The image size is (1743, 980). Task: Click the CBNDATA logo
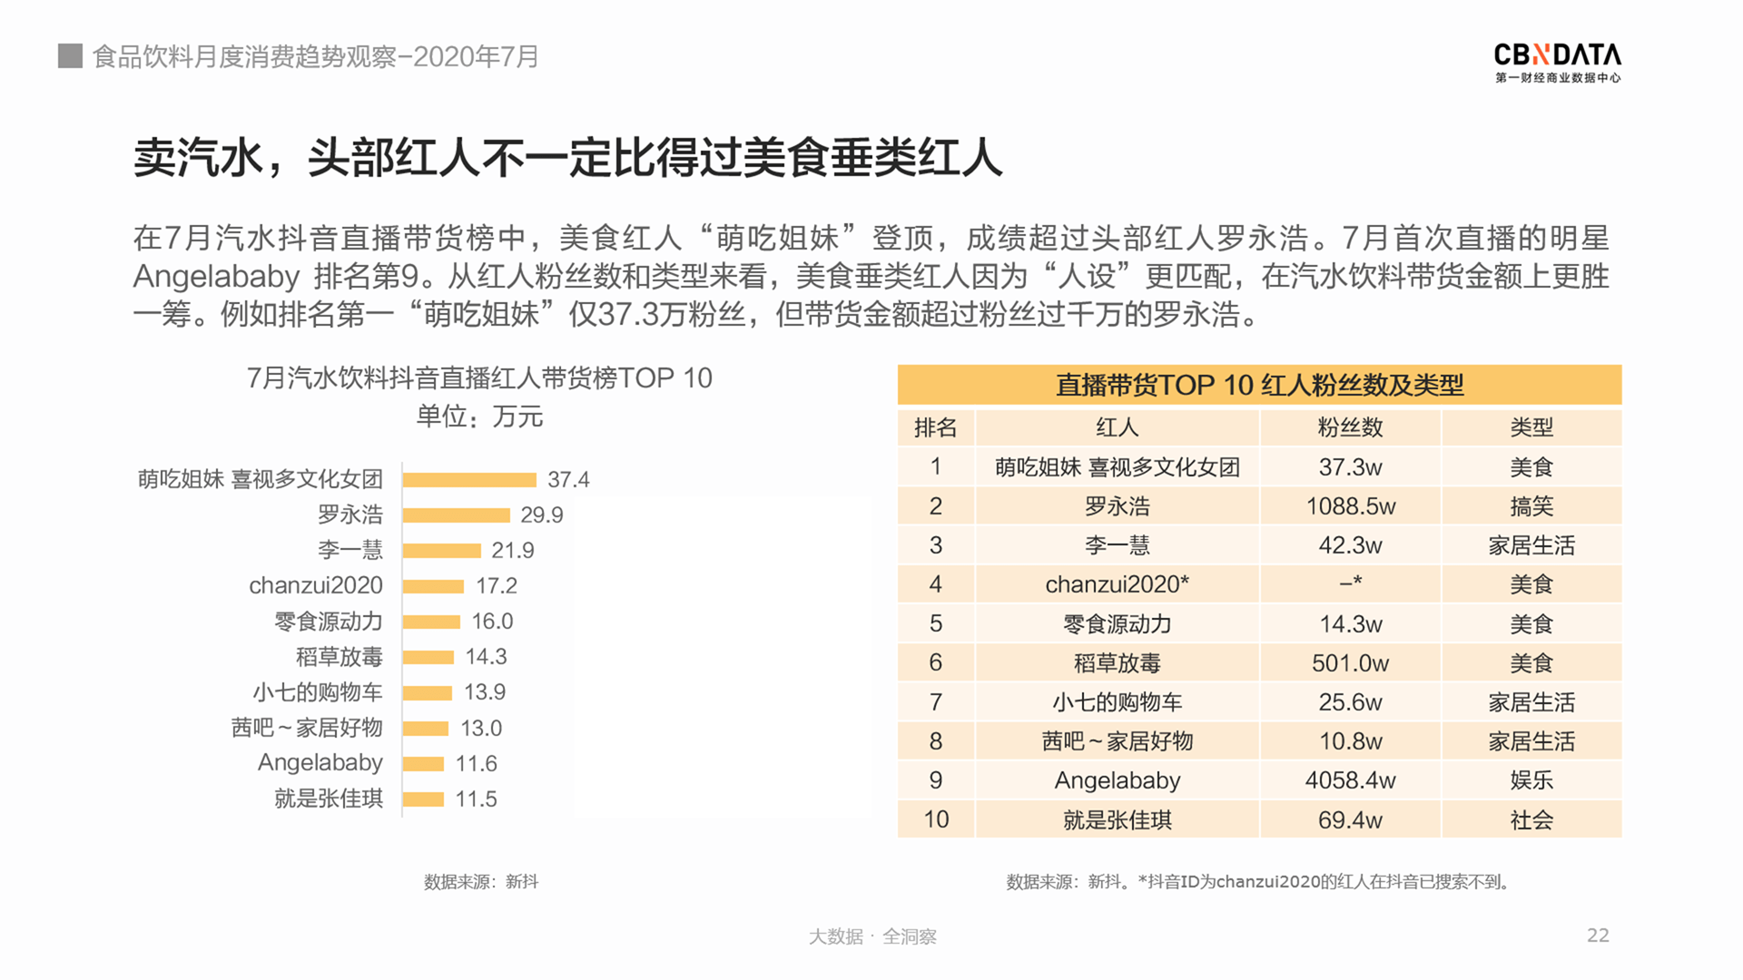[1557, 62]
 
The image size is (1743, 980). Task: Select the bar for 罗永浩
[457, 515]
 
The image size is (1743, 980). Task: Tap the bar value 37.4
[568, 479]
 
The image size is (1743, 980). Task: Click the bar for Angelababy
[423, 764]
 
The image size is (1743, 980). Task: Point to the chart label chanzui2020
[316, 585]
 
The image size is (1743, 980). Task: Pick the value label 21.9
[513, 551]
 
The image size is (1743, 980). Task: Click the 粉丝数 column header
[1350, 427]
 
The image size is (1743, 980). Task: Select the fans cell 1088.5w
[1350, 506]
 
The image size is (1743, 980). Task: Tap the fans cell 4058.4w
[1350, 780]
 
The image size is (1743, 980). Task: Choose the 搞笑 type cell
[1531, 506]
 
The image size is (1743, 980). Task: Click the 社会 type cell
[1531, 820]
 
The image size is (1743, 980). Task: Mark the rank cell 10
[936, 820]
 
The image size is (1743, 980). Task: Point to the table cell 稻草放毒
[1117, 663]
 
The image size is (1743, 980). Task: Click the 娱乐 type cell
[1531, 780]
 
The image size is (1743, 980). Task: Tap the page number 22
[1598, 936]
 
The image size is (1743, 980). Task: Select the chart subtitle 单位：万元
[479, 416]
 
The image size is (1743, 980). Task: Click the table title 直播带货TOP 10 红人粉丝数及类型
[1259, 385]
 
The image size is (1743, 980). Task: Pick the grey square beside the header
[70, 56]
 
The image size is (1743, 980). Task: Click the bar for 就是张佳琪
[423, 799]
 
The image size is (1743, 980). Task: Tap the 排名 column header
[936, 427]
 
